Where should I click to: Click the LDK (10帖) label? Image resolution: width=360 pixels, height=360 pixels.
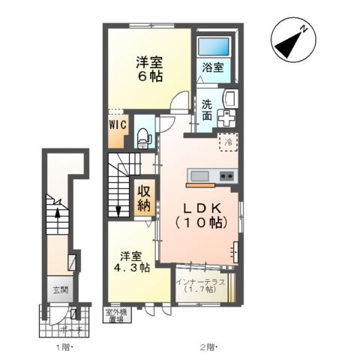[199, 214]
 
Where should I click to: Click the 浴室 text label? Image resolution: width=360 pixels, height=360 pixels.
[212, 67]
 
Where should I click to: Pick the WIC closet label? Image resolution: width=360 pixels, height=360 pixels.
[118, 125]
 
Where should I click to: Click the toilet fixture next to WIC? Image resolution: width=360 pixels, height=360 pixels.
[145, 136]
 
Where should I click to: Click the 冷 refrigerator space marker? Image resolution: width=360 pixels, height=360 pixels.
[226, 140]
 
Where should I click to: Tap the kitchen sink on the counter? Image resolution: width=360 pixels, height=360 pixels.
[199, 176]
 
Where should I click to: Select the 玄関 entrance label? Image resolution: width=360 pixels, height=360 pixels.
[59, 289]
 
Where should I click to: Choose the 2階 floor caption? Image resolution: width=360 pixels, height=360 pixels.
[208, 347]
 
